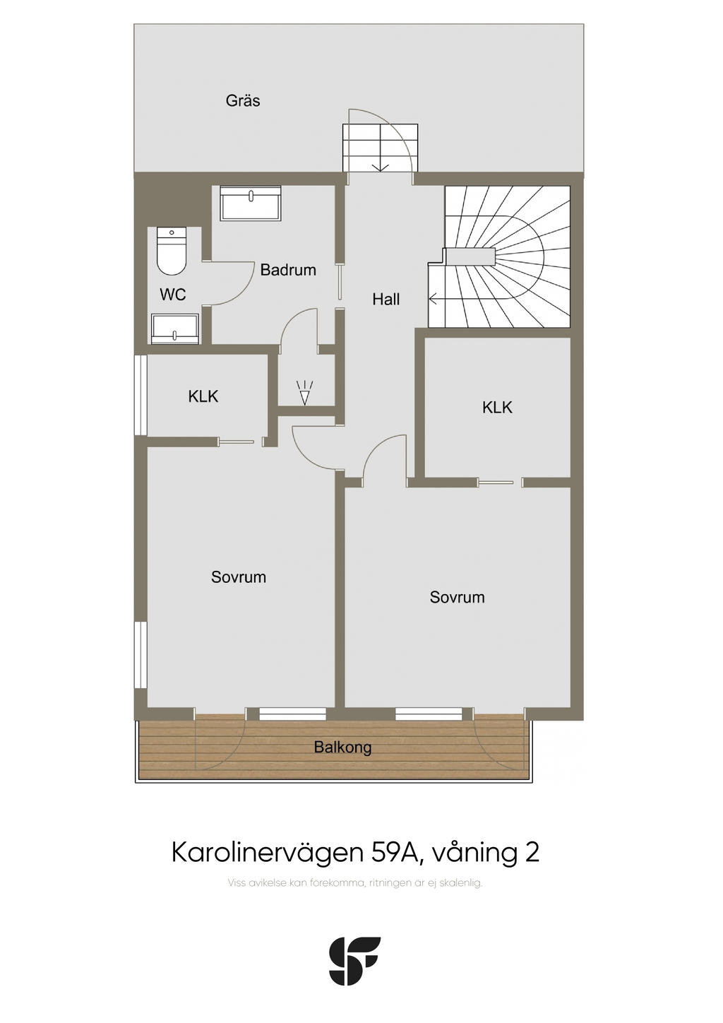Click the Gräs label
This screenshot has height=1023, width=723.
pyautogui.click(x=243, y=100)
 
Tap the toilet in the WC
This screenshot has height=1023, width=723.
pyautogui.click(x=172, y=251)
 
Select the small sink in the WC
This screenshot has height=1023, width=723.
pyautogui.click(x=175, y=329)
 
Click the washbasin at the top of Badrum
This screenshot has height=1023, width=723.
pyautogui.click(x=250, y=203)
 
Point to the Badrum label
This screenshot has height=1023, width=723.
pyautogui.click(x=288, y=270)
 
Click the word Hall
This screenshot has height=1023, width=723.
pyautogui.click(x=386, y=299)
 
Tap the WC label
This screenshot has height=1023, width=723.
pyautogui.click(x=172, y=295)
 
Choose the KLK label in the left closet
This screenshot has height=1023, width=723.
pyautogui.click(x=203, y=396)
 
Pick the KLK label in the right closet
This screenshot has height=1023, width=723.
pyautogui.click(x=497, y=408)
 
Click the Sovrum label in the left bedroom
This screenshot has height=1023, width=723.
pyautogui.click(x=238, y=576)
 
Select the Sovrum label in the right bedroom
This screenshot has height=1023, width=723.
pyautogui.click(x=457, y=597)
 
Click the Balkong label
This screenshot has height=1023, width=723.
pyautogui.click(x=342, y=747)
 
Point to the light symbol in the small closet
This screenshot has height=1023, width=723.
pyautogui.click(x=304, y=392)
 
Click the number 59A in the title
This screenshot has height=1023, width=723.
pyautogui.click(x=395, y=852)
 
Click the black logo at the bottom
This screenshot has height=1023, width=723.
pyautogui.click(x=355, y=960)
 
